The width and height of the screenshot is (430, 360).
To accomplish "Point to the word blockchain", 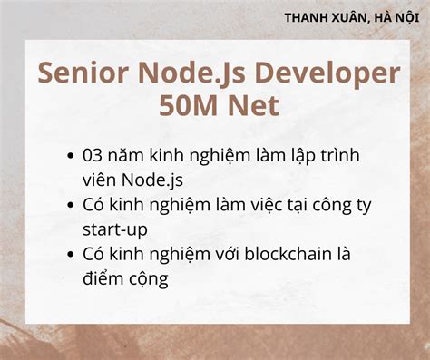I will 267,255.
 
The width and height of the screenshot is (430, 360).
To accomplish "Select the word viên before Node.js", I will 98,180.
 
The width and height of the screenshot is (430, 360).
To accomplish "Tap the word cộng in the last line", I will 147,279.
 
